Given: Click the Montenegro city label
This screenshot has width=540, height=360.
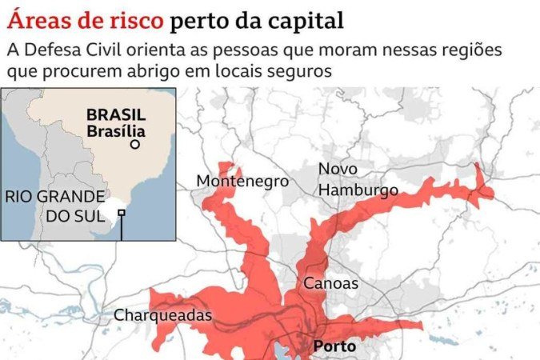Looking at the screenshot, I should coord(242,182).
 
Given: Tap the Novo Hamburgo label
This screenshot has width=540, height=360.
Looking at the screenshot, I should coord(358,180).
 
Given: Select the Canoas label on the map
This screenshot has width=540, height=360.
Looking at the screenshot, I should coord(330,283).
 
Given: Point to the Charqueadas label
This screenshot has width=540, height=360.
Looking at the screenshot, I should coord(162,315).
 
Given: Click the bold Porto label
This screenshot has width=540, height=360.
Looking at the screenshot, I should coord(335,347).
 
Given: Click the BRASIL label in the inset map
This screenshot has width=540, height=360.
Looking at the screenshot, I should coord(116,115).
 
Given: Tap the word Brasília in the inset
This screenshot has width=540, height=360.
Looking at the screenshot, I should coord(116,131).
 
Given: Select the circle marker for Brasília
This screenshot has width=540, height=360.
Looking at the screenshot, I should coord(135,145).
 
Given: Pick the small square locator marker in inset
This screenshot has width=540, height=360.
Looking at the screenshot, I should coord(122,213).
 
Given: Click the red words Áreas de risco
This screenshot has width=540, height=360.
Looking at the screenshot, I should coord(83,18).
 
